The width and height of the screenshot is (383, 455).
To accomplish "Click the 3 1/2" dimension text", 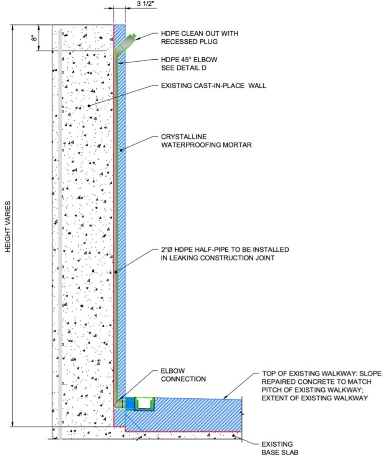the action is pyautogui.click(x=146, y=4).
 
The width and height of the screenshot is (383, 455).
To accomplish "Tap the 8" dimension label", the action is pyautogui.click(x=35, y=38).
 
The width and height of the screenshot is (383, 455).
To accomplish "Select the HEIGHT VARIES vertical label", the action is pyautogui.click(x=8, y=226).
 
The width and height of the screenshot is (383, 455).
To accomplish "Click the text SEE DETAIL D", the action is pyautogui.click(x=184, y=68).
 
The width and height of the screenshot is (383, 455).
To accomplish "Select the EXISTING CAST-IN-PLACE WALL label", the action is pyautogui.click(x=213, y=86).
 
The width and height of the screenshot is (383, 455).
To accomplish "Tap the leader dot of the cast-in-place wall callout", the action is pyautogui.click(x=89, y=106).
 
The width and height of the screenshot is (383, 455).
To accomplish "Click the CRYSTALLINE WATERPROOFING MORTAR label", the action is pyautogui.click(x=207, y=141).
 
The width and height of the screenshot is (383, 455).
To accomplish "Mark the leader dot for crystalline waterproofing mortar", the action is pyautogui.click(x=121, y=150).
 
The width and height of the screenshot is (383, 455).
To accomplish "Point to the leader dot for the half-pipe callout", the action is pyautogui.click(x=116, y=272).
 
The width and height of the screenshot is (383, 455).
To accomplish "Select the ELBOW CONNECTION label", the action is pyautogui.click(x=183, y=375).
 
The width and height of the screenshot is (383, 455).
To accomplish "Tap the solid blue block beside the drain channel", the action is pyautogui.click(x=129, y=403).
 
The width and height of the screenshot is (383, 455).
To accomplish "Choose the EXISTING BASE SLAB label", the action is pyautogui.click(x=280, y=448).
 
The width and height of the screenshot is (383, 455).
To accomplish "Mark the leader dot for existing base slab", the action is pyautogui.click(x=234, y=435).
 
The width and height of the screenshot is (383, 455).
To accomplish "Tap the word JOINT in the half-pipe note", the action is pyautogui.click(x=264, y=258).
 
